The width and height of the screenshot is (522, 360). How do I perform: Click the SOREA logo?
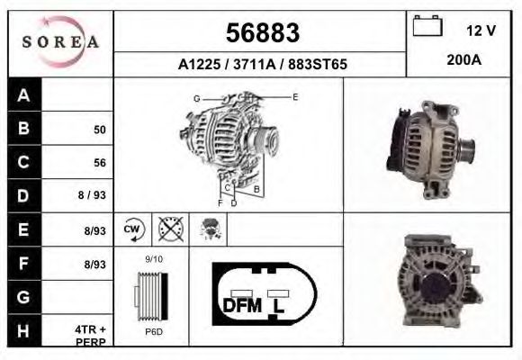tap(61, 42)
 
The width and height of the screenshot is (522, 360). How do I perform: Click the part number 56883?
tap(262, 33)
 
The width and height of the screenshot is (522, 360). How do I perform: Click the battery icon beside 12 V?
tap(425, 28)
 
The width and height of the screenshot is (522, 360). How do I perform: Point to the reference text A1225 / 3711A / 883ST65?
tap(262, 65)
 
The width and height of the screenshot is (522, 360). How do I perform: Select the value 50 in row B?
tap(100, 130)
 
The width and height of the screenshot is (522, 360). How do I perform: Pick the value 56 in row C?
tap(100, 163)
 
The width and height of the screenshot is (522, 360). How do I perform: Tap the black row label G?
tap(24, 296)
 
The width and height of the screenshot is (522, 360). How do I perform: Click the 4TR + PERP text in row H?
tap(92, 336)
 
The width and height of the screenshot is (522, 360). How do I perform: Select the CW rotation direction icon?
tap(133, 229)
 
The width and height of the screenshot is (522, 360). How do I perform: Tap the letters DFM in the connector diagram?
tap(242, 305)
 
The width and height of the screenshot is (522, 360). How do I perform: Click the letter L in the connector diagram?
tap(279, 305)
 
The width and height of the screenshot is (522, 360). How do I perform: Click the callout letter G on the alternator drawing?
tap(196, 97)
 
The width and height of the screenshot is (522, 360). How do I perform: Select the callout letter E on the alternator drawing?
tap(294, 95)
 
